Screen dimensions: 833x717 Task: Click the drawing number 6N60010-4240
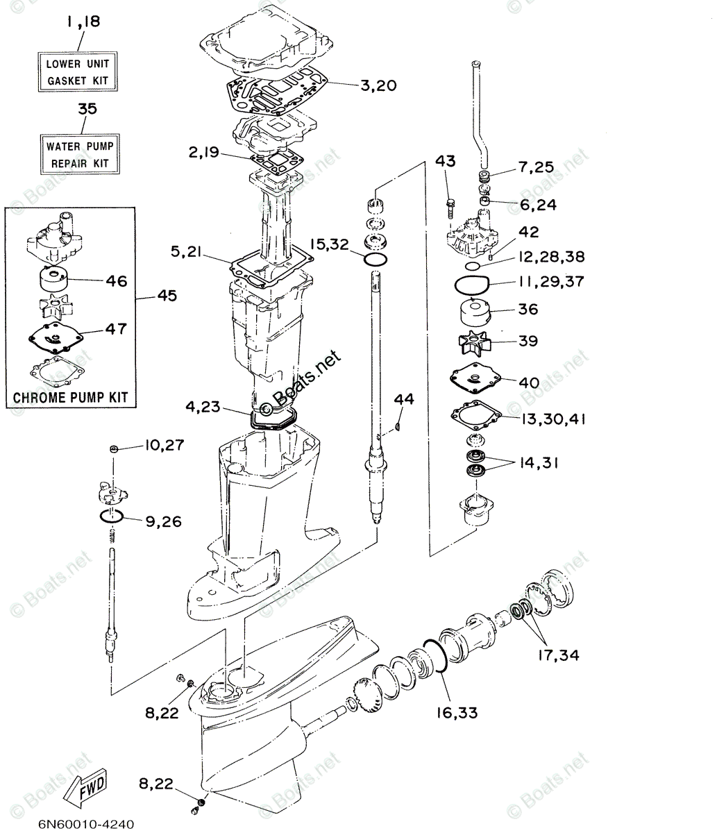pyautogui.click(x=83, y=824)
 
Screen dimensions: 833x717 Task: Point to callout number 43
pyautogui.click(x=446, y=162)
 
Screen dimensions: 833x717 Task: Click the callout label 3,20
pyautogui.click(x=378, y=85)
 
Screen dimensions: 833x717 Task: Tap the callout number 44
pyautogui.click(x=404, y=399)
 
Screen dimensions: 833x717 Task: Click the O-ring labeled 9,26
pyautogui.click(x=111, y=517)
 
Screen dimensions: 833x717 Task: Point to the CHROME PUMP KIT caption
pyautogui.click(x=71, y=398)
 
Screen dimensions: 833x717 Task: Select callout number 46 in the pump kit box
pyautogui.click(x=117, y=281)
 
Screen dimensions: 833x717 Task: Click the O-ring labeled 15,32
pyautogui.click(x=375, y=259)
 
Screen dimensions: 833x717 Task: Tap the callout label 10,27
pyautogui.click(x=165, y=445)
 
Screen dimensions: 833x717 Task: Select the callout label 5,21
pyautogui.click(x=185, y=254)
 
